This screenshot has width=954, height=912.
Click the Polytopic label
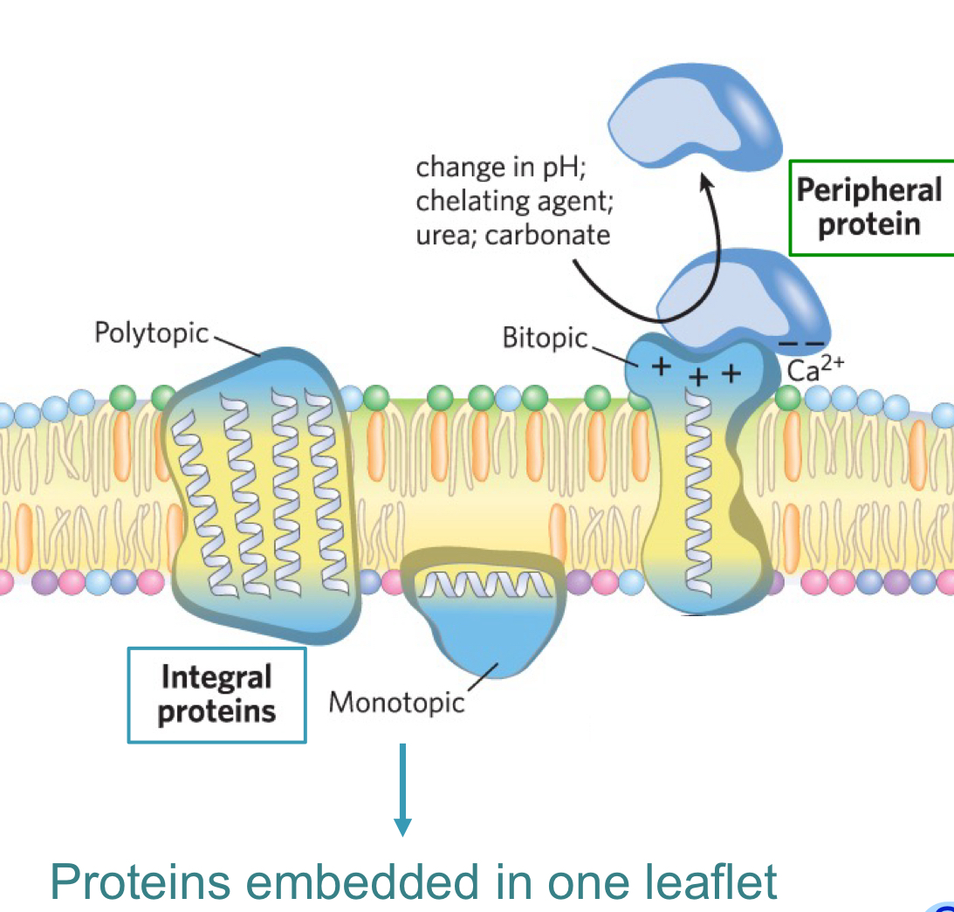pos(152,333)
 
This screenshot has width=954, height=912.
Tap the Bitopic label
pos(545,339)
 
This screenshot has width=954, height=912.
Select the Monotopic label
pos(396,702)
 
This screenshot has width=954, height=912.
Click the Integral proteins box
pos(216,695)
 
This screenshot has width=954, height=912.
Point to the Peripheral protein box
pos(869,208)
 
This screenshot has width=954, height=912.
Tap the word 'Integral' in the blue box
pos(216,677)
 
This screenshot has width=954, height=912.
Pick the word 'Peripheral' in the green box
pos(869,190)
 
